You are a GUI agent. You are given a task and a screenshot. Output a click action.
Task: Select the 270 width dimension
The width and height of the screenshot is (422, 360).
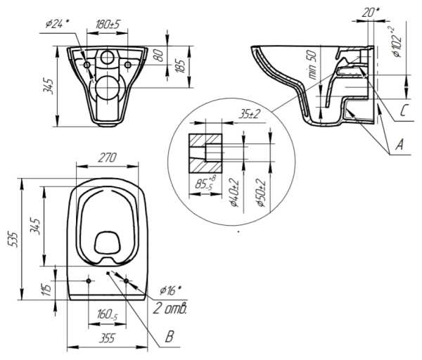[x=107, y=158]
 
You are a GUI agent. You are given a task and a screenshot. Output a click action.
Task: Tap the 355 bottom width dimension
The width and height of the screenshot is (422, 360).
[x=108, y=338]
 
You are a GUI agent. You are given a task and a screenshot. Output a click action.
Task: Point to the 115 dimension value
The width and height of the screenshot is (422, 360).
[x=46, y=288]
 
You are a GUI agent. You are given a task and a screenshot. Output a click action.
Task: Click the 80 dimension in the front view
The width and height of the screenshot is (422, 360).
[x=161, y=53]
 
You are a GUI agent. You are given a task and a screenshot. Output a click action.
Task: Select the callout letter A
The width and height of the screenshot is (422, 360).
[x=399, y=146]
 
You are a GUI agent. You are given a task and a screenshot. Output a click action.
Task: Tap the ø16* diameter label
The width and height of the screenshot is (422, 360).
[x=170, y=289]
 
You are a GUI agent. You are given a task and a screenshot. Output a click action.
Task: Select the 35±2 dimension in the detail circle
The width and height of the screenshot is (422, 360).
[x=245, y=113]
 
